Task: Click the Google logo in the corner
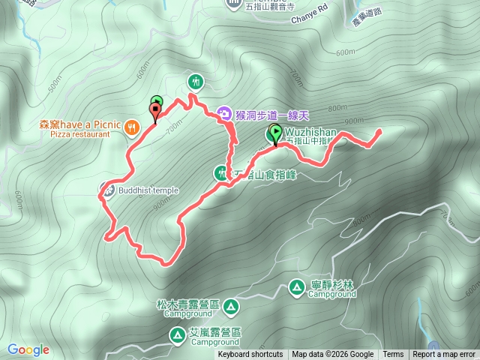pyautogui.click(x=28, y=349)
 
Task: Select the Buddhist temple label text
pyautogui.click(x=148, y=190)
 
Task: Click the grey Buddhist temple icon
pyautogui.click(x=108, y=190)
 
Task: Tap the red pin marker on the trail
pyautogui.click(x=156, y=112)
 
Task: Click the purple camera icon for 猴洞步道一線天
pyautogui.click(x=223, y=114)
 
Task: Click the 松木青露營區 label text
pyautogui.click(x=187, y=305)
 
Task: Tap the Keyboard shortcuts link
pyautogui.click(x=250, y=355)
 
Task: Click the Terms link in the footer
pyautogui.click(x=393, y=355)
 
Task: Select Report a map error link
pyautogui.click(x=444, y=355)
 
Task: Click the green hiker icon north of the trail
pyautogui.click(x=196, y=81)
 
